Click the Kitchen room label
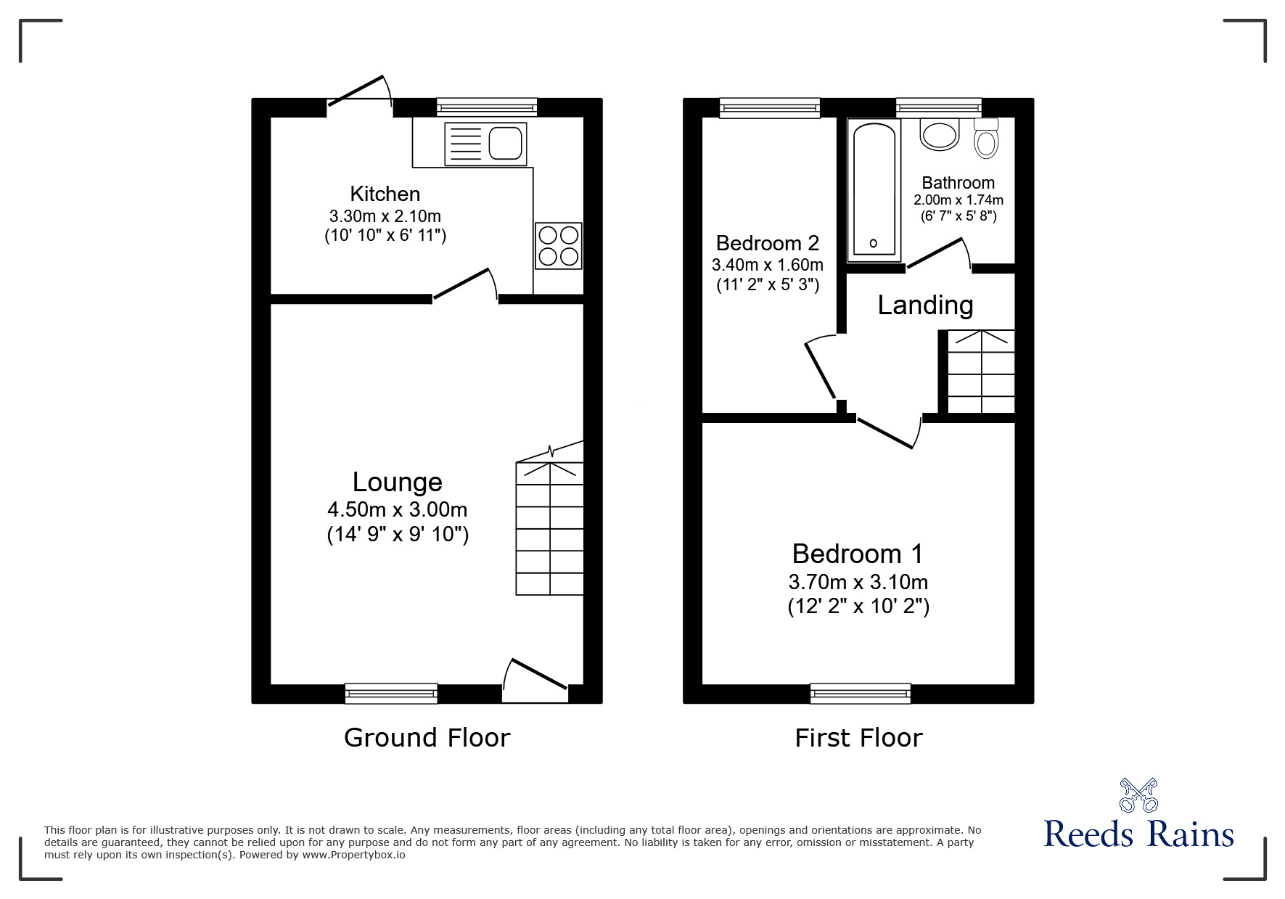pos(385,194)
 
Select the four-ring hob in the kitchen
pos(559,246)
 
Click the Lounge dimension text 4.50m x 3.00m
pos(397,509)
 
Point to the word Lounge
pos(397,482)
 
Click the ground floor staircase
pos(549,528)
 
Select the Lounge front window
pos(391,694)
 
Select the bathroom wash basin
pos(940,134)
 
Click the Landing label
pos(925,305)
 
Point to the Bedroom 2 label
pos(767,242)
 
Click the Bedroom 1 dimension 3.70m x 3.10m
pos(858,582)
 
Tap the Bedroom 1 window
pos(860,694)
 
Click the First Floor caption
pos(858,738)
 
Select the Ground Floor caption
pos(427,738)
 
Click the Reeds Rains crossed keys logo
pos(1138,795)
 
